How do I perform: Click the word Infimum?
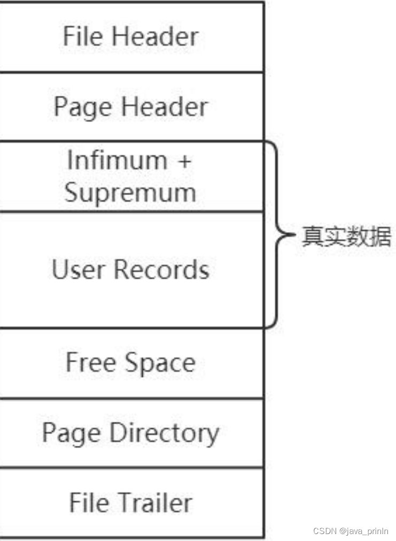117,160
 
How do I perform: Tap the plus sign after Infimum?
183,161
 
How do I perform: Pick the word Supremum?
130,193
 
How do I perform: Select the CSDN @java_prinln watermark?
352,531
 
